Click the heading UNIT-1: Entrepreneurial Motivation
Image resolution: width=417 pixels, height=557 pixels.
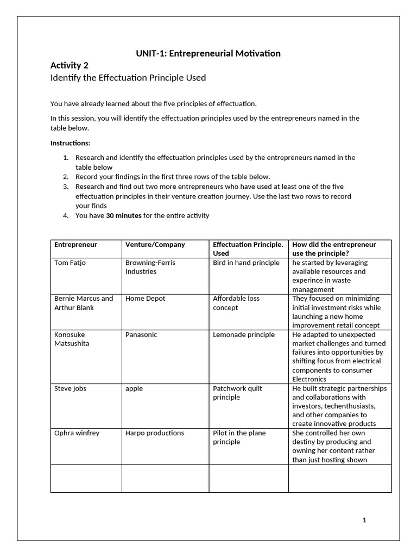pos(208,53)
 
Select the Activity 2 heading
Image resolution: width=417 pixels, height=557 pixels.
pos(69,65)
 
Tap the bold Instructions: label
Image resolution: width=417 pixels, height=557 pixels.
pos(71,143)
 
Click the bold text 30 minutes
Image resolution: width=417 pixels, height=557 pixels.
pos(124,215)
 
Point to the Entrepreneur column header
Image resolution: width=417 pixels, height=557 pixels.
pos(75,245)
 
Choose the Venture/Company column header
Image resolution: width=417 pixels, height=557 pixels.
pos(155,245)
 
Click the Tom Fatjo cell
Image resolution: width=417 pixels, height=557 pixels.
pos(70,263)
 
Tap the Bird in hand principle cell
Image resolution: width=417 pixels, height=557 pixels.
pos(246,263)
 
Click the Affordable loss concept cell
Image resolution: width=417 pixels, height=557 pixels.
pos(236,303)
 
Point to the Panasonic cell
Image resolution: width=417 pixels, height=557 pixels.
pos(141,335)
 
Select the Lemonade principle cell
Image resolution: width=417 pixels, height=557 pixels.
pos(244,335)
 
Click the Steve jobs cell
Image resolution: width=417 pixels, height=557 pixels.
pos(70,388)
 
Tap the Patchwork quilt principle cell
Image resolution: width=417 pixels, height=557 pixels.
pos(237,393)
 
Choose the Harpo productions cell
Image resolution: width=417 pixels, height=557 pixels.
pos(155,433)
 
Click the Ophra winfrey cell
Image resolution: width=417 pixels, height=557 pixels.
pos(77,433)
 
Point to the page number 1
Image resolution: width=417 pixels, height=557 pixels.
pos(364,520)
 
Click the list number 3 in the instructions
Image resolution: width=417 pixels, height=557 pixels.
pos(65,187)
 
